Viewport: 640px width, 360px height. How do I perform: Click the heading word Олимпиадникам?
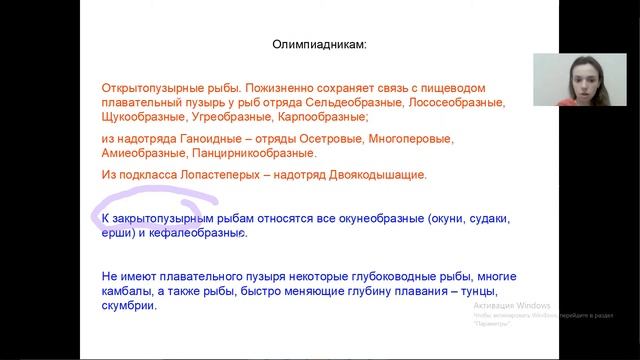pos(319,45)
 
